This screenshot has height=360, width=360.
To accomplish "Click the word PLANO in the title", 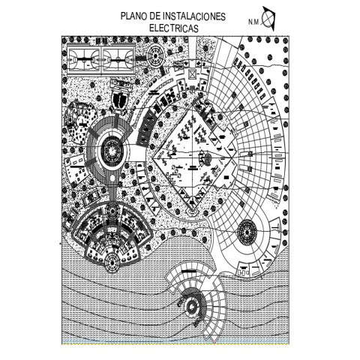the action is (134, 16).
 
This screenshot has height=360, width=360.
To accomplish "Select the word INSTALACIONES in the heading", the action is (194, 16).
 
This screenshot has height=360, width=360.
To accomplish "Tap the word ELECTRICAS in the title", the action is (174, 28).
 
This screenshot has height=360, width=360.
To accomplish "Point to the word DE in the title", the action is (155, 16).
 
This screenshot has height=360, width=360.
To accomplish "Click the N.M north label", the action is (253, 22).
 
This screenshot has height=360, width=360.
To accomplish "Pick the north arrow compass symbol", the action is (268, 19).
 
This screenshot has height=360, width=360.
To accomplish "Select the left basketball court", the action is (85, 59).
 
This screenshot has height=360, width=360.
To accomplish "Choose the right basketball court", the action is (118, 59).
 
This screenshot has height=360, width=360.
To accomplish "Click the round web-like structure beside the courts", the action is (156, 55).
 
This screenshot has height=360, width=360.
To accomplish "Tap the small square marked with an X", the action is (193, 74).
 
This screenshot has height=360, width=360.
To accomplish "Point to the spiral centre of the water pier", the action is (191, 306).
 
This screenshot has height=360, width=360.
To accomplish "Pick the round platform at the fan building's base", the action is (112, 262).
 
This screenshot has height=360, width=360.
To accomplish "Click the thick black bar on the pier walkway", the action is (189, 271).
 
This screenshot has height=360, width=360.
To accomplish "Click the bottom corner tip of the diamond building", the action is (193, 211).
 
